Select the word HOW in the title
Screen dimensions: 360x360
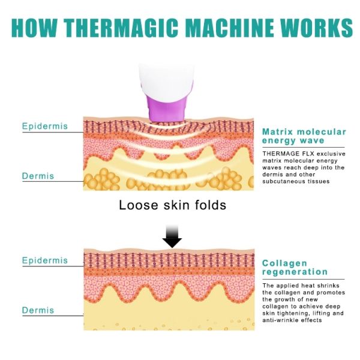[35, 27]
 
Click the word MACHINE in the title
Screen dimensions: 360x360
[227, 27]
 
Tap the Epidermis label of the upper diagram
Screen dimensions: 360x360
[45, 127]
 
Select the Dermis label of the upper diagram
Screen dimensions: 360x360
[38, 176]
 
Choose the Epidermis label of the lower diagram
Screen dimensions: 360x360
[45, 261]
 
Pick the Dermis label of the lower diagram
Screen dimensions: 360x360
[38, 310]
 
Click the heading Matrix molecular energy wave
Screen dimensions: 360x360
[304, 136]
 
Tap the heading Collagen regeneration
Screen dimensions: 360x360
[295, 268]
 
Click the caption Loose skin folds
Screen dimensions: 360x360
[172, 205]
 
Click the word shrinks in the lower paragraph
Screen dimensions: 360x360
[329, 286]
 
